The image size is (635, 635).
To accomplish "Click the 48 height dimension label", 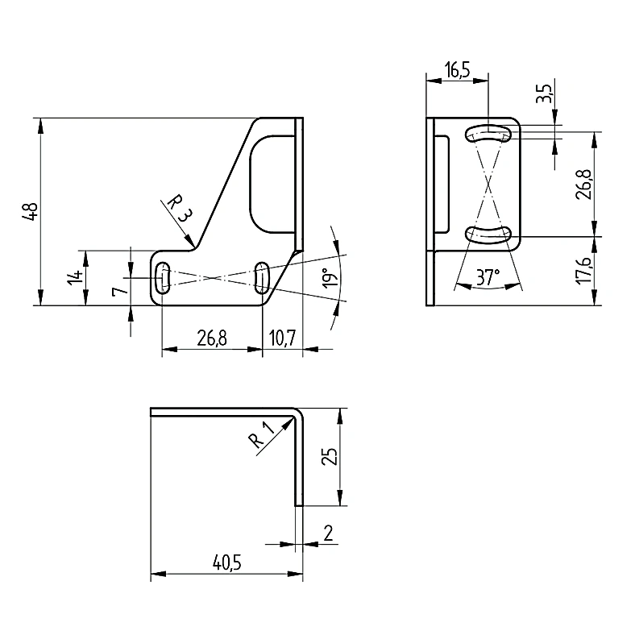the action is pyautogui.click(x=31, y=211).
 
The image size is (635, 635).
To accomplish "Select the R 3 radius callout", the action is pyautogui.click(x=179, y=208).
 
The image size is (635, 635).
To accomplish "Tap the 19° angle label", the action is pyautogui.click(x=331, y=278).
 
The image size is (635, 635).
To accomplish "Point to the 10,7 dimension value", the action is pyautogui.click(x=283, y=338).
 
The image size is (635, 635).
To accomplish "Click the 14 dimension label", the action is pyautogui.click(x=75, y=278).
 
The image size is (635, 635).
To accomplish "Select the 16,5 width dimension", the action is pyautogui.click(x=457, y=70).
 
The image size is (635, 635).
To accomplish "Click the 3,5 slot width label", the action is pyautogui.click(x=545, y=94).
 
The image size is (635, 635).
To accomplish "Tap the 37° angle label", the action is pyautogui.click(x=488, y=278).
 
